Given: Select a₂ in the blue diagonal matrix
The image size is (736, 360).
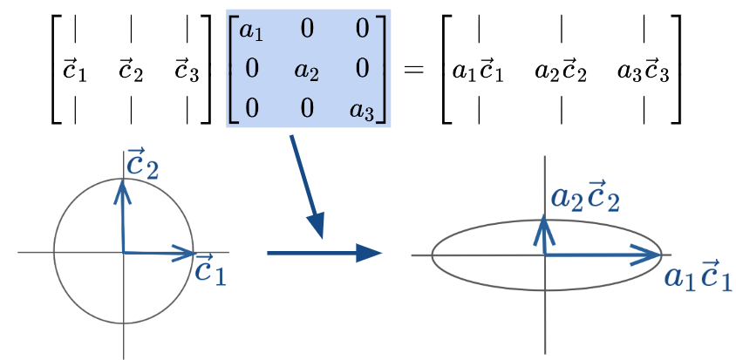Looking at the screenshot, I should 307,71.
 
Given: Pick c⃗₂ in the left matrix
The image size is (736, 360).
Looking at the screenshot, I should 131,71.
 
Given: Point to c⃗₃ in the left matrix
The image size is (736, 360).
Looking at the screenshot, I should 186,71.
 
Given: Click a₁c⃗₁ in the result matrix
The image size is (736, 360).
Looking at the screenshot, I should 477,71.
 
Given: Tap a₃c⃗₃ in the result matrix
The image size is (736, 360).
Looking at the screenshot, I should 644,71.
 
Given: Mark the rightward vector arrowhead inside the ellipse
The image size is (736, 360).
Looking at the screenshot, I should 650,255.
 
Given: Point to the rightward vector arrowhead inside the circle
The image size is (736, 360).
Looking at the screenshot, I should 183,254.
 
